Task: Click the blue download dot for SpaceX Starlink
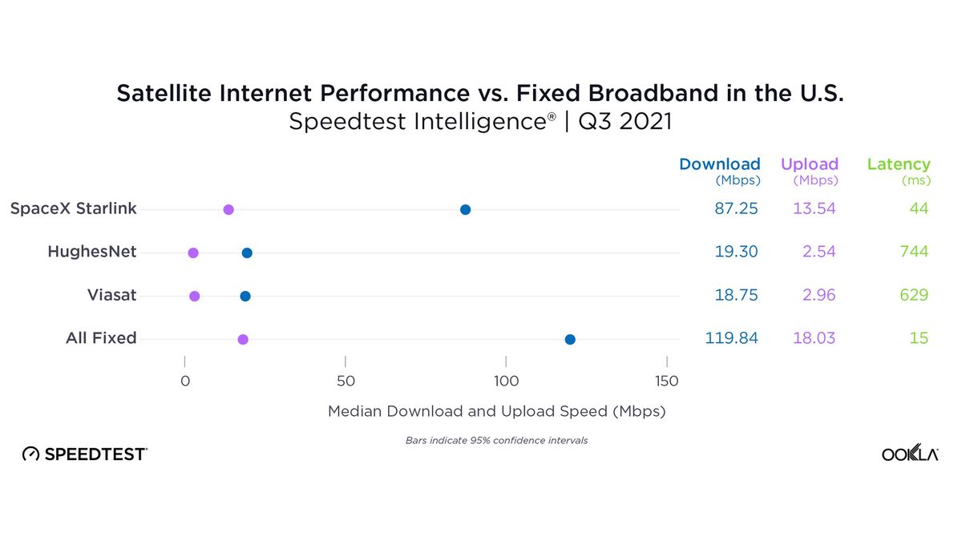[x=465, y=210]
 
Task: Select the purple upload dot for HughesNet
[x=193, y=253]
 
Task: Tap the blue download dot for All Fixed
[x=570, y=340]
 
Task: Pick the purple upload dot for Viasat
[x=195, y=297]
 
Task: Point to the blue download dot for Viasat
[x=245, y=297]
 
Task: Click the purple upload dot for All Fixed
[x=243, y=340]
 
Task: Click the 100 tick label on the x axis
[x=506, y=382]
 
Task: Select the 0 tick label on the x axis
[x=185, y=382]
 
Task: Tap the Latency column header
[x=899, y=165]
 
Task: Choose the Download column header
[x=719, y=165]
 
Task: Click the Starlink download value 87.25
[x=736, y=209]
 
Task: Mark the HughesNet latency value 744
[x=913, y=252]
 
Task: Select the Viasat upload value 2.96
[x=819, y=296]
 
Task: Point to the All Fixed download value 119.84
[x=731, y=339]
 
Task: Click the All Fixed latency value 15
[x=919, y=339]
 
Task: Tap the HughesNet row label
[x=91, y=252]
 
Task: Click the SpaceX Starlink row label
[x=73, y=209]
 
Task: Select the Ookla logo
[x=910, y=454]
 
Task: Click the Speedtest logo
[x=84, y=454]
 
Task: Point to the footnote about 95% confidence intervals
[x=496, y=441]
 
